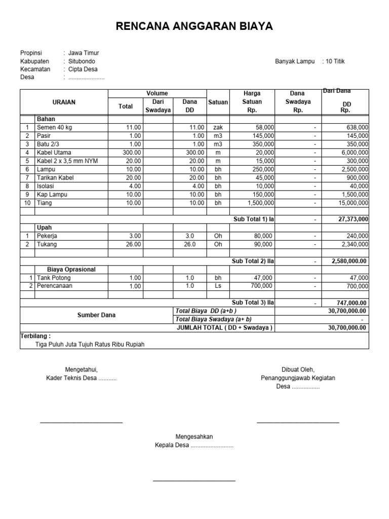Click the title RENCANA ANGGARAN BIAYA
tap(194, 26)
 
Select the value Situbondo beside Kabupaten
tap(82, 61)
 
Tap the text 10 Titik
tap(335, 61)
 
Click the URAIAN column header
tap(64, 102)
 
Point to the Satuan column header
tap(218, 102)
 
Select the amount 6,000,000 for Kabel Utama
tap(355, 153)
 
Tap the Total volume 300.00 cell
tap(131, 153)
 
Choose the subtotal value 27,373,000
tap(353, 219)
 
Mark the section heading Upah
tap(44, 228)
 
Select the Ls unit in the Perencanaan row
tap(218, 286)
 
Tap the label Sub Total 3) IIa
tap(253, 303)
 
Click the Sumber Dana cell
tap(96, 315)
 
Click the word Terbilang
tap(35, 336)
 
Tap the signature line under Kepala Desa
tap(194, 479)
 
